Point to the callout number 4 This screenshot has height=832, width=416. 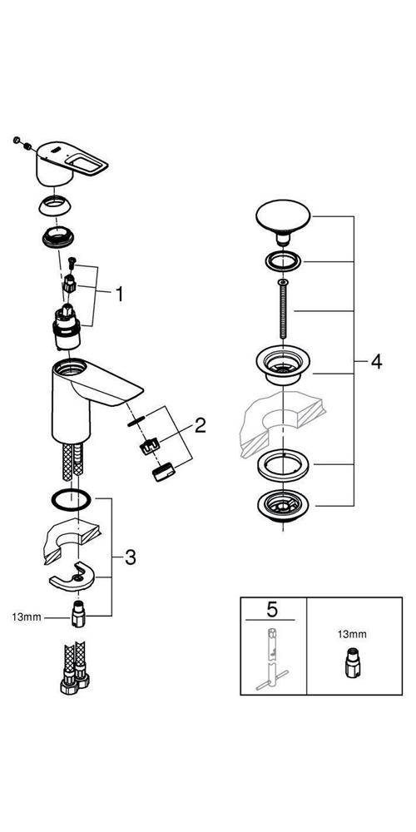pyautogui.click(x=376, y=362)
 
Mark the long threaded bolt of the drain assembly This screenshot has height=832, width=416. pyautogui.click(x=284, y=308)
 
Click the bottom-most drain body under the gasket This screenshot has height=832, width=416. pyautogui.click(x=284, y=505)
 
